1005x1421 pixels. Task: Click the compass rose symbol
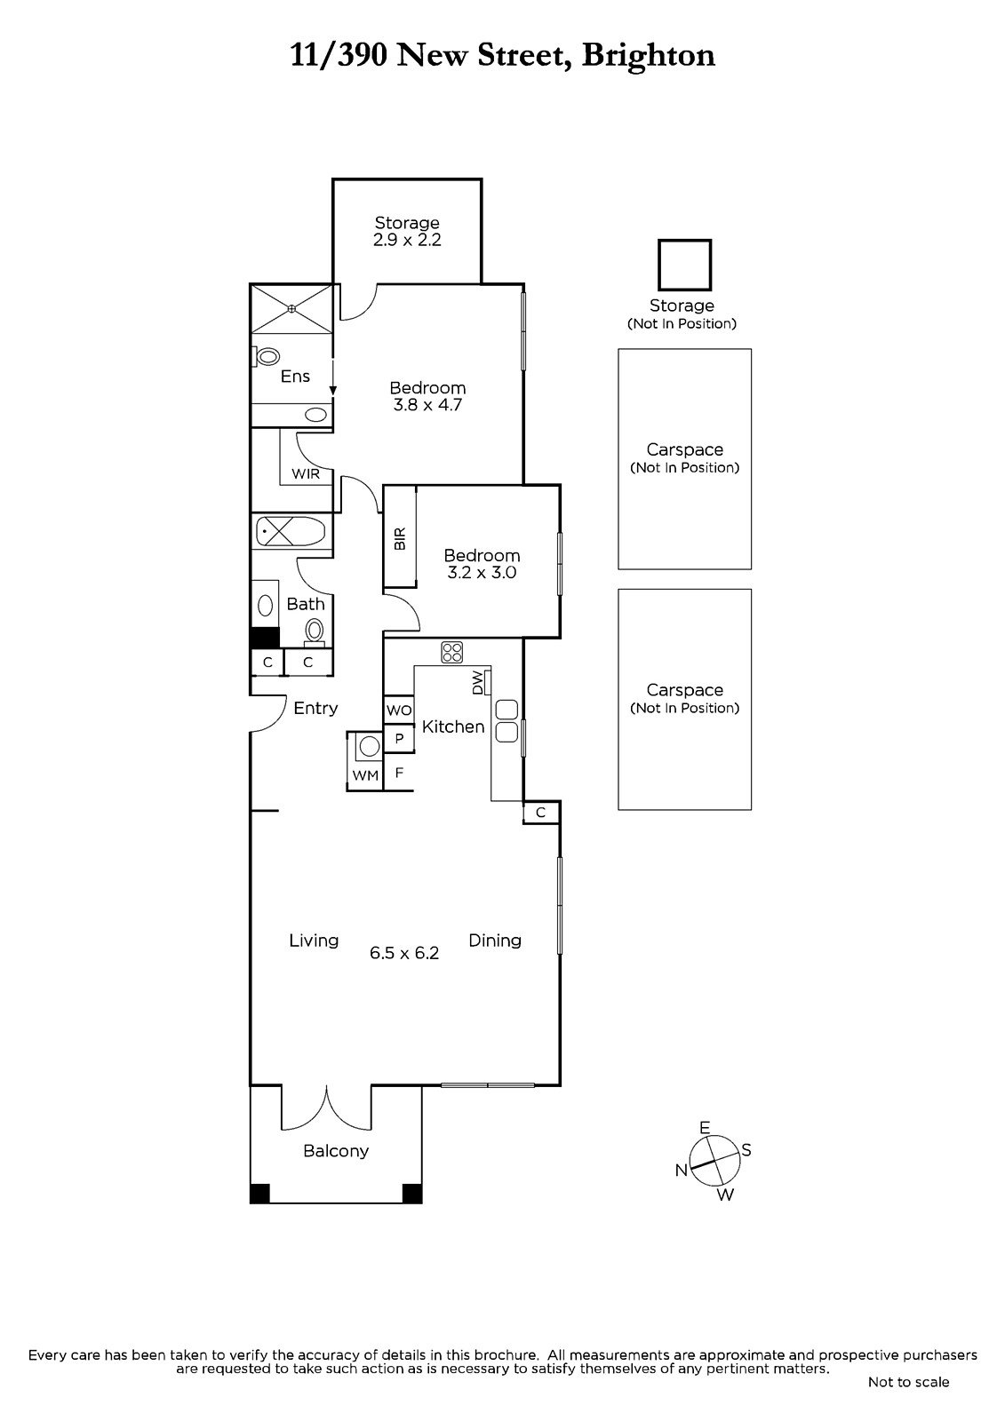pos(714,1161)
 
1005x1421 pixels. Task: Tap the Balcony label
pos(336,1151)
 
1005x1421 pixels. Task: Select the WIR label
pos(306,473)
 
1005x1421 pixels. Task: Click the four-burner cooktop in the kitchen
pos(452,652)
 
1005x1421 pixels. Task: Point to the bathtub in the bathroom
pos(291,532)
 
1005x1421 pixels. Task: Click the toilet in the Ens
pos(267,356)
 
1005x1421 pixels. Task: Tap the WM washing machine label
pos(365,775)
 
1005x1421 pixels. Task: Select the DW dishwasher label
pos(477,683)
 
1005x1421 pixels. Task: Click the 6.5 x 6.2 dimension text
pos(404,953)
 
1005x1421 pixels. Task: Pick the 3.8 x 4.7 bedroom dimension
pos(427,405)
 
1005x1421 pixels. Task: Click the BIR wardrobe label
pos(399,539)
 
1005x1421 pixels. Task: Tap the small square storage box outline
pos(684,266)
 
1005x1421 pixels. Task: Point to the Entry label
pos(315,708)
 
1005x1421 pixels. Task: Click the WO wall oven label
pos(399,710)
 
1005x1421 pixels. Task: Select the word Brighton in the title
pos(648,56)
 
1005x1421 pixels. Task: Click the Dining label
pos(495,941)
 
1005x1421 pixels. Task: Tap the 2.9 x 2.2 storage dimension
pos(407,240)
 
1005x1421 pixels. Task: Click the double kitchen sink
pos(506,721)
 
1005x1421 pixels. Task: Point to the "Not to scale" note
pos(908,1382)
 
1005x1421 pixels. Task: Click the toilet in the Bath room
pos(315,631)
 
